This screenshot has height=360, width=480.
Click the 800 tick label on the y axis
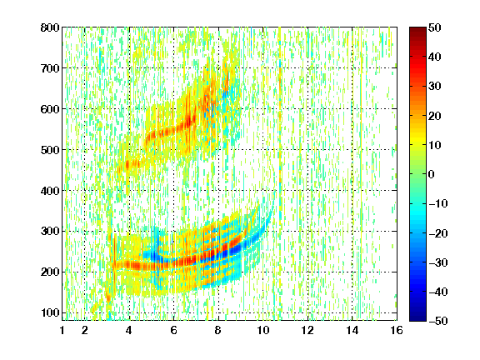[x=50, y=27]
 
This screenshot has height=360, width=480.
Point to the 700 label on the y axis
[x=50, y=68]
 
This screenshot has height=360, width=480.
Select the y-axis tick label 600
[x=50, y=109]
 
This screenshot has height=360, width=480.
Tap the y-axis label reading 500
[x=50, y=150]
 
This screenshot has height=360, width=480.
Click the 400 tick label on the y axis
[x=50, y=191]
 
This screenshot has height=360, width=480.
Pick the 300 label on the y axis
[x=50, y=232]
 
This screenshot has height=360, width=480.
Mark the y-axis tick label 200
[x=50, y=272]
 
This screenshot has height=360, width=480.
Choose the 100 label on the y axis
[x=50, y=312]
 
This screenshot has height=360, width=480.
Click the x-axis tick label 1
[x=62, y=330]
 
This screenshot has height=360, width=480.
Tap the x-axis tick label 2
[x=85, y=330]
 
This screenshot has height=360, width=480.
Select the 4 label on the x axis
[x=129, y=330]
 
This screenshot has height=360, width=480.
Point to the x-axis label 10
[x=263, y=330]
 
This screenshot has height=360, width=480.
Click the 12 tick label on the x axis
[x=307, y=330]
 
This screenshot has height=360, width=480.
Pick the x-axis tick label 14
[x=352, y=330]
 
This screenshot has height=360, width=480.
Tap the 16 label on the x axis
[x=397, y=330]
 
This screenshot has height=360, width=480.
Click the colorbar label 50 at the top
[x=435, y=27]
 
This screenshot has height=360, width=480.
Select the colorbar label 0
[x=432, y=174]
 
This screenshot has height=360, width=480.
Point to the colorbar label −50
[x=438, y=321]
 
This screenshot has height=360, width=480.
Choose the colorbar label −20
[x=438, y=233]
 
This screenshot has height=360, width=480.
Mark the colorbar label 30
[x=435, y=87]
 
